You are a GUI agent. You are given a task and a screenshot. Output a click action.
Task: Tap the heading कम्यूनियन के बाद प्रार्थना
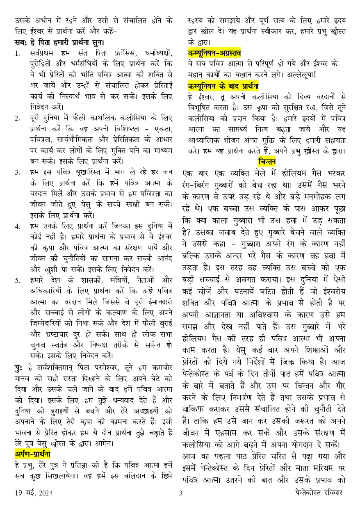223,86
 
